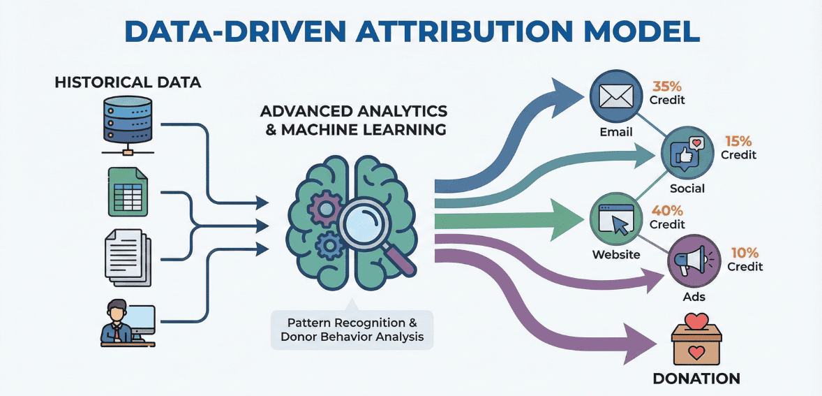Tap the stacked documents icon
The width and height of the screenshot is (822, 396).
127,258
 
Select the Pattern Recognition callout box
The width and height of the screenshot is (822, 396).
352,330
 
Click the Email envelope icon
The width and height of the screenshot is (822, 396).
615,96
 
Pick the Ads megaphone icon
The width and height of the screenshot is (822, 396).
693,263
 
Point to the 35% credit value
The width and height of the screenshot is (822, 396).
667,87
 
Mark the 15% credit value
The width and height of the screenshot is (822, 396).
738,140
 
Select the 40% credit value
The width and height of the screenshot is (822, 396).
667,210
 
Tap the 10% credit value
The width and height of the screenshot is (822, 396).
745,253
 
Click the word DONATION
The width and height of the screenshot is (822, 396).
696,379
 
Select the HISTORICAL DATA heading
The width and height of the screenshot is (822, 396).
128,82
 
